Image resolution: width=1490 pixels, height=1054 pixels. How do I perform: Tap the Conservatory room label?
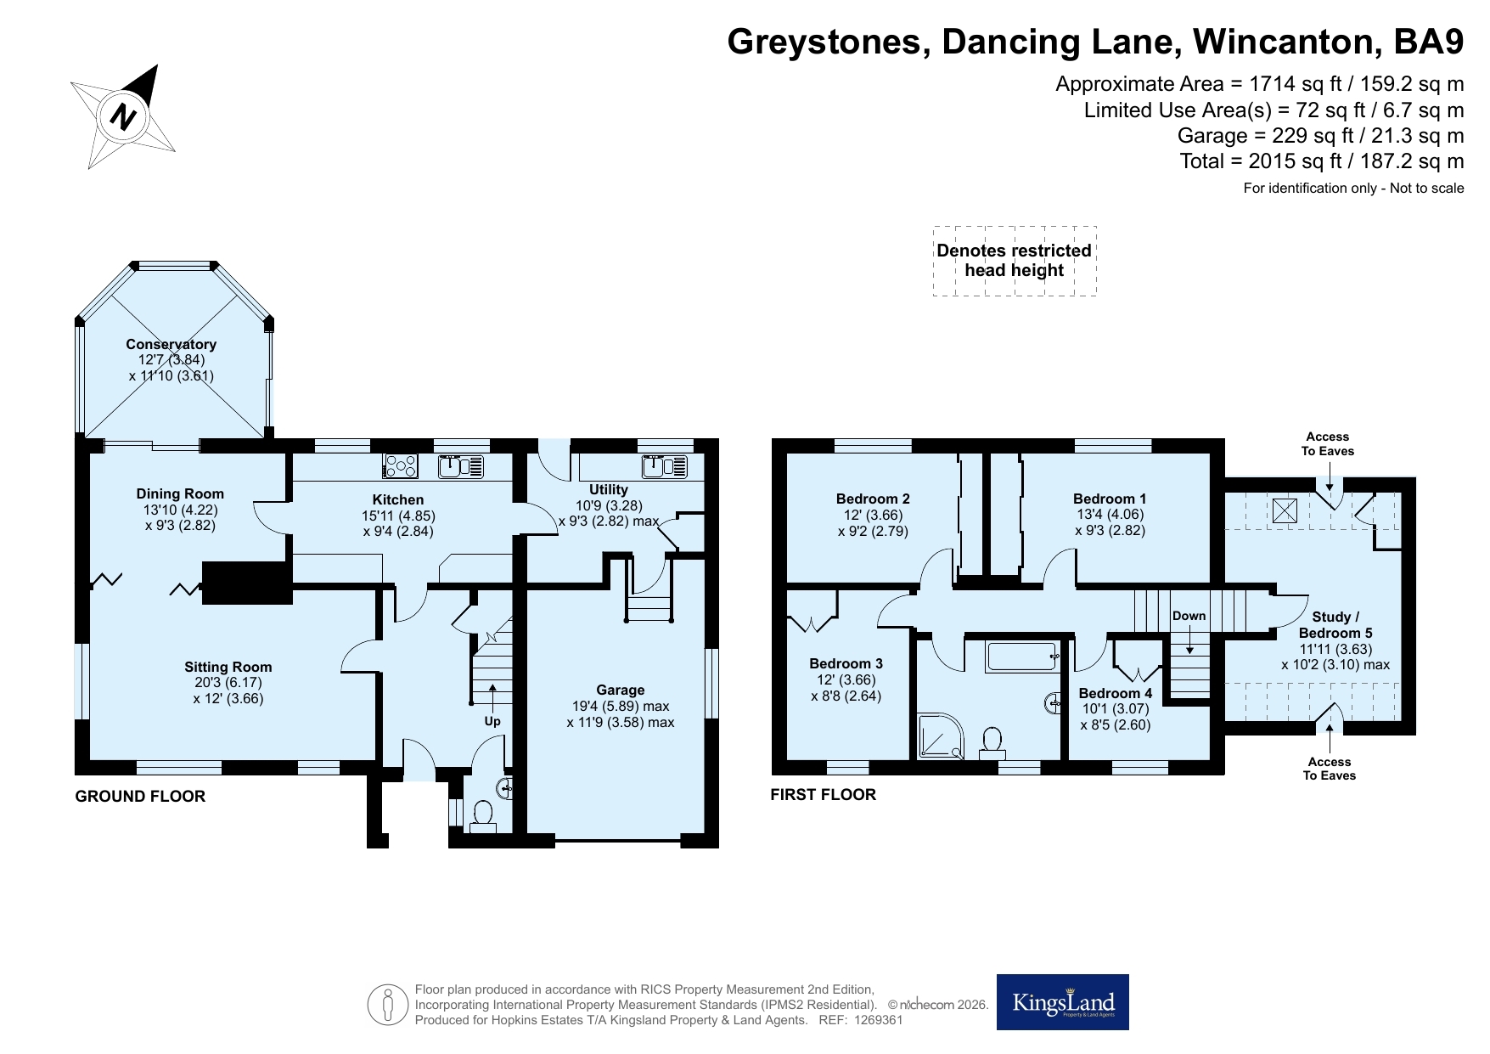click(171, 344)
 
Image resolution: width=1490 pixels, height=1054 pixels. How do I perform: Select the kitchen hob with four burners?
click(401, 465)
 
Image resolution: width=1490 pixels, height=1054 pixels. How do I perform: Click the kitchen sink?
click(461, 465)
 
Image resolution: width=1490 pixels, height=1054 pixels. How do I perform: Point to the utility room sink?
click(666, 465)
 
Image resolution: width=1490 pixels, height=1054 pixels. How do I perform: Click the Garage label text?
click(621, 690)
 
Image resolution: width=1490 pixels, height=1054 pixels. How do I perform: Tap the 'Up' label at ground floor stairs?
click(492, 721)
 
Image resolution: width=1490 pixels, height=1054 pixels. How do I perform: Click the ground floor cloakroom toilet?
click(483, 815)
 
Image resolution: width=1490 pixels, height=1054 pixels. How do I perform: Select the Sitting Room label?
click(228, 668)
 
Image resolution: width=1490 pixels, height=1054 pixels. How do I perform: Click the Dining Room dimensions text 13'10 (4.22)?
click(180, 510)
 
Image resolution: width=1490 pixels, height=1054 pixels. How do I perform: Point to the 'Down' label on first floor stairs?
click(1189, 616)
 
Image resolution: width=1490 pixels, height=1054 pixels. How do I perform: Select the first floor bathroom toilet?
click(992, 742)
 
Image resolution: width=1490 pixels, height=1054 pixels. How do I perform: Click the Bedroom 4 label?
click(1116, 693)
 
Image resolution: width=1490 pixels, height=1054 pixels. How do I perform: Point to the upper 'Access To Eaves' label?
click(1328, 444)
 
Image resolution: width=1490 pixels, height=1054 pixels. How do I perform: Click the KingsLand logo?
click(1062, 1002)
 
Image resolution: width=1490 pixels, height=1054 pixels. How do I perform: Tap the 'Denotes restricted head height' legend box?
click(1015, 261)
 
